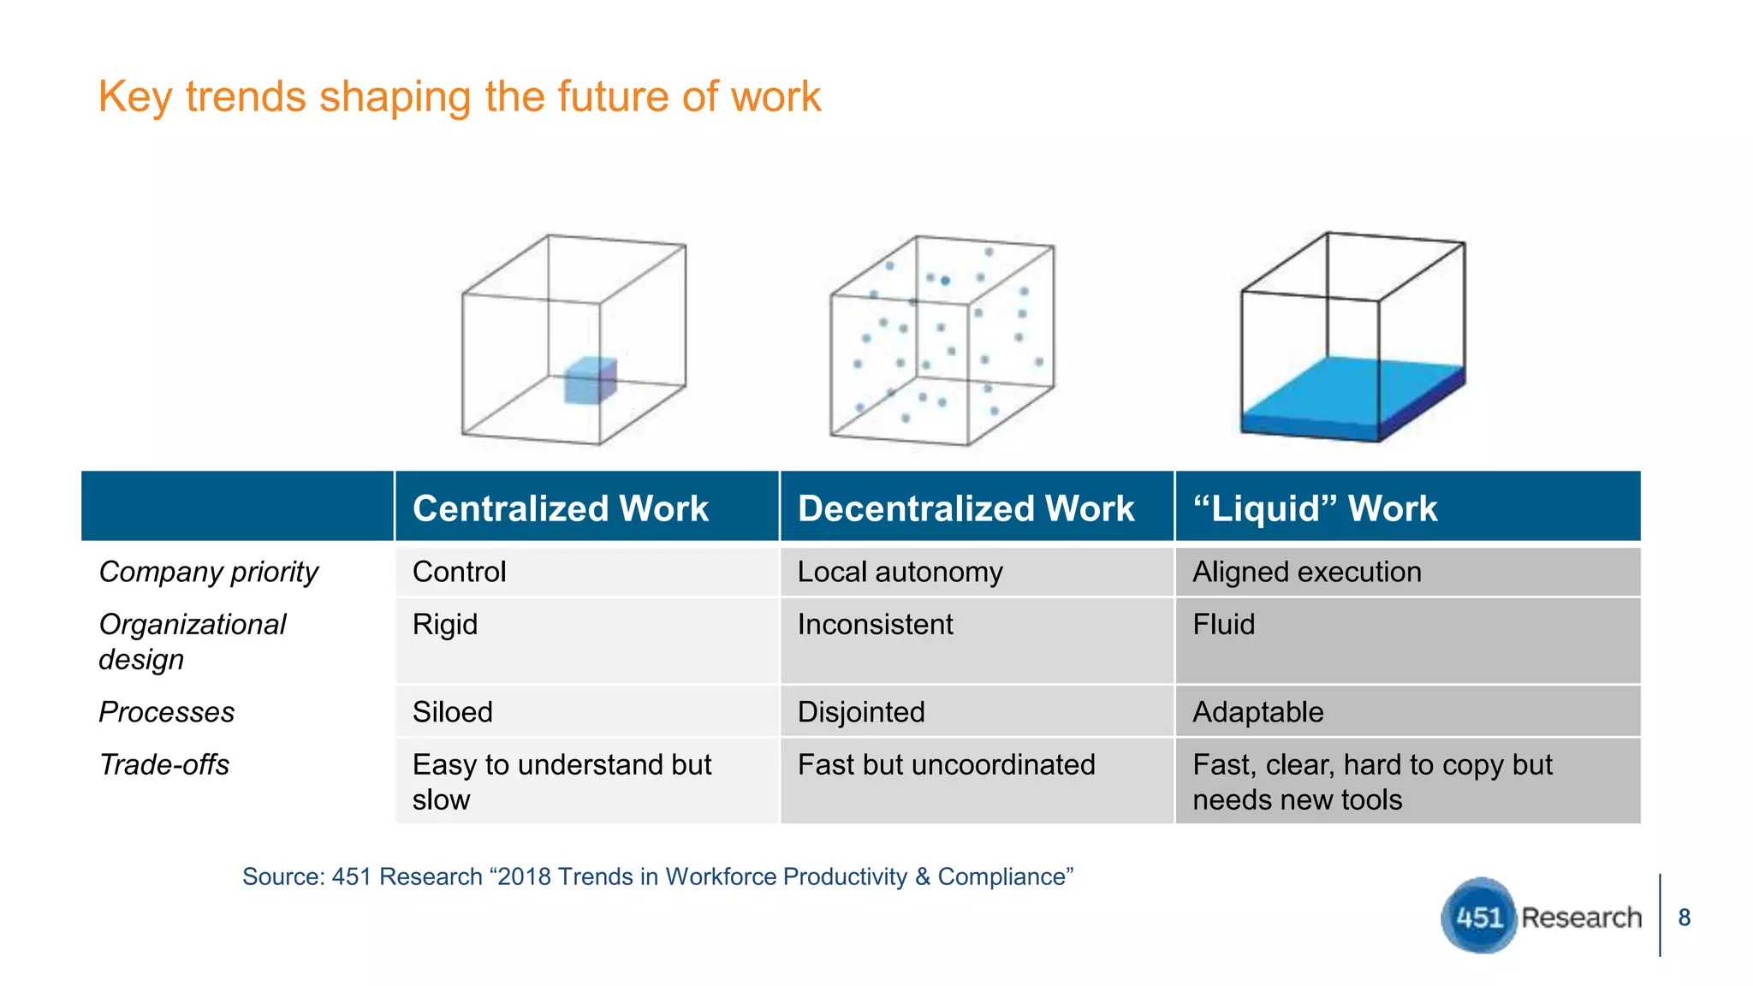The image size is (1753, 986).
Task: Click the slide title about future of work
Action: pos(460,97)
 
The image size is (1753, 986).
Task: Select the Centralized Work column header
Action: pos(561,508)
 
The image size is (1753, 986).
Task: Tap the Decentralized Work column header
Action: pos(966,508)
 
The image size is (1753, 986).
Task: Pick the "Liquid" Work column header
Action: pos(1315,508)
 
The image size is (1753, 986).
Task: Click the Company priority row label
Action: pos(208,572)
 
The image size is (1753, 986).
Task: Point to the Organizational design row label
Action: pos(192,642)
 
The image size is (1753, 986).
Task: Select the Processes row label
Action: pos(166,712)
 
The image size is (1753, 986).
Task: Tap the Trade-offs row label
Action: pos(163,764)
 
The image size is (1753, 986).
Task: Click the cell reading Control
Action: pos(460,572)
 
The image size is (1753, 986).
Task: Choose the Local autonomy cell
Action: pos(900,572)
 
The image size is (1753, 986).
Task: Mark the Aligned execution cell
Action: pos(1307,572)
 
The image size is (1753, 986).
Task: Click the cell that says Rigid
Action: pos(445,625)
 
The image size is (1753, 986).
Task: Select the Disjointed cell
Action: pos(861,712)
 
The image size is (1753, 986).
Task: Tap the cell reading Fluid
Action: pos(1224,625)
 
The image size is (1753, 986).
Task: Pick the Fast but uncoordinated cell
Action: pos(946,764)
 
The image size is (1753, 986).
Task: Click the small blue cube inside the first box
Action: pos(590,381)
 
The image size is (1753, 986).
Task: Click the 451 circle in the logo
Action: pos(1479,917)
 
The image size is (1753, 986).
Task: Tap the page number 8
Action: pos(1684,918)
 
